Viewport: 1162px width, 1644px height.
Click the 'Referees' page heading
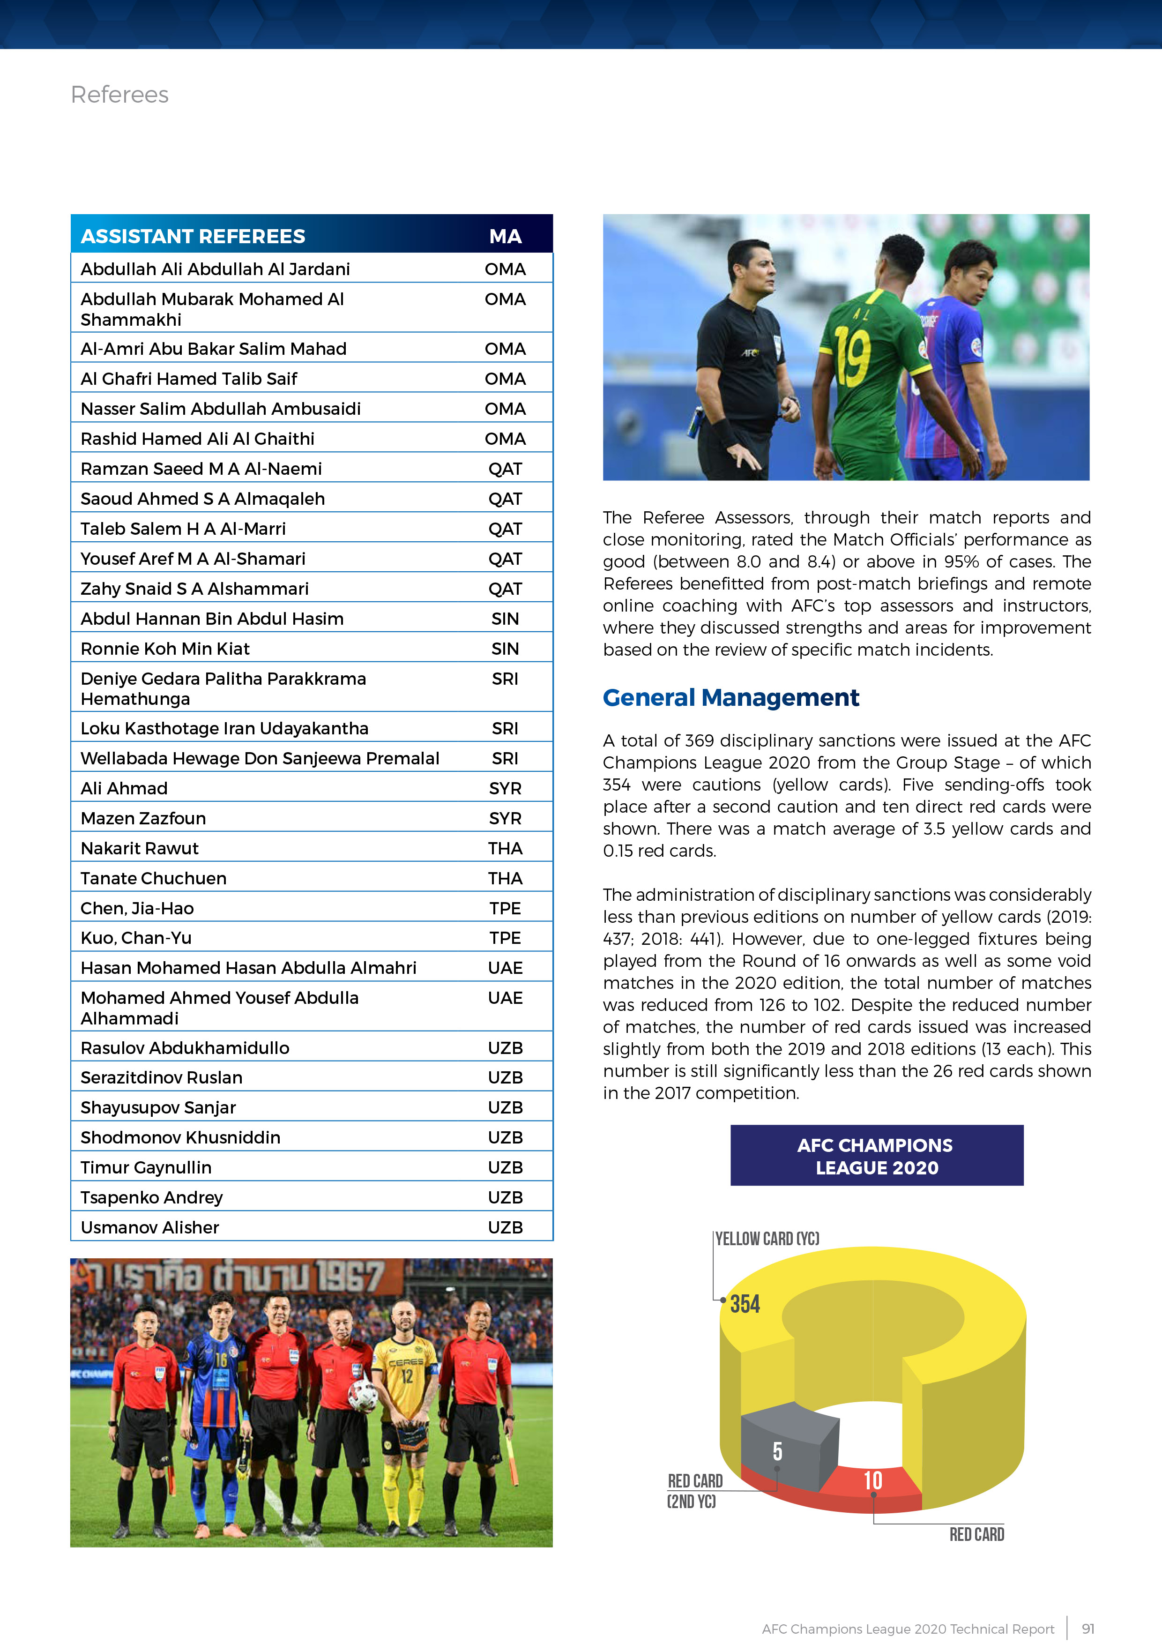[119, 95]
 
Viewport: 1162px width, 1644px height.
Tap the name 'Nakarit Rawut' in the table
[140, 849]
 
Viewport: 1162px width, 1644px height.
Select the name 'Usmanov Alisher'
[149, 1227]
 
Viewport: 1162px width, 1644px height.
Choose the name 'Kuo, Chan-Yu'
[136, 938]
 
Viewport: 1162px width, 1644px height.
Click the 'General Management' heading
[730, 697]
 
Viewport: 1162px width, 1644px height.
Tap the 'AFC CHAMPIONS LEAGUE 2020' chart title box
[876, 1156]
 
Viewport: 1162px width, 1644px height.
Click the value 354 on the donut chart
[745, 1304]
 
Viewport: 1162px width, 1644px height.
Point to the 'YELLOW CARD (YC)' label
[767, 1239]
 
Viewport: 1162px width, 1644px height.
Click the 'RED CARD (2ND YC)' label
[694, 1491]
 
